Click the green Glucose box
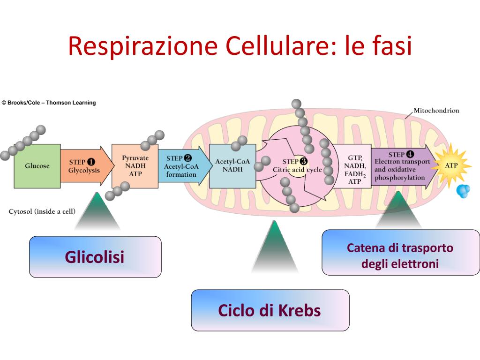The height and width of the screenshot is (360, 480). pos(37,166)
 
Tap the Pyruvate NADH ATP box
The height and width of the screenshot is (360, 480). pos(135,166)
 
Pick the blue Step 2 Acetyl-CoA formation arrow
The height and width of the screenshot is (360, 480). pos(181,166)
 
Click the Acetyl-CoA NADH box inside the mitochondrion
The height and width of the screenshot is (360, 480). pos(232,166)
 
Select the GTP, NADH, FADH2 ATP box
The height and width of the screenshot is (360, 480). pos(354,169)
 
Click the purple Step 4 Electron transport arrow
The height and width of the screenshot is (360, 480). pos(401,166)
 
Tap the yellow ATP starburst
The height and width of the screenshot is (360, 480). pos(451,165)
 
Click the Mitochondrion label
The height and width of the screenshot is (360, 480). pos(436,111)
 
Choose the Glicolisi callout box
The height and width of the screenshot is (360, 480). pos(95,257)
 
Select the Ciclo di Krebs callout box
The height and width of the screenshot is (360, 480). pos(270,310)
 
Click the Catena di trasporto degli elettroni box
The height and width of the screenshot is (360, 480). pos(400,255)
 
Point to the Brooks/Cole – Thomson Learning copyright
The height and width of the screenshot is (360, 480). pos(49,103)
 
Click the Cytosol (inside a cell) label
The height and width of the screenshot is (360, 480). pos(42,211)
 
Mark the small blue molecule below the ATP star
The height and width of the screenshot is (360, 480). pos(463,191)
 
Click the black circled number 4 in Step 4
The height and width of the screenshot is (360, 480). pos(410,154)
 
